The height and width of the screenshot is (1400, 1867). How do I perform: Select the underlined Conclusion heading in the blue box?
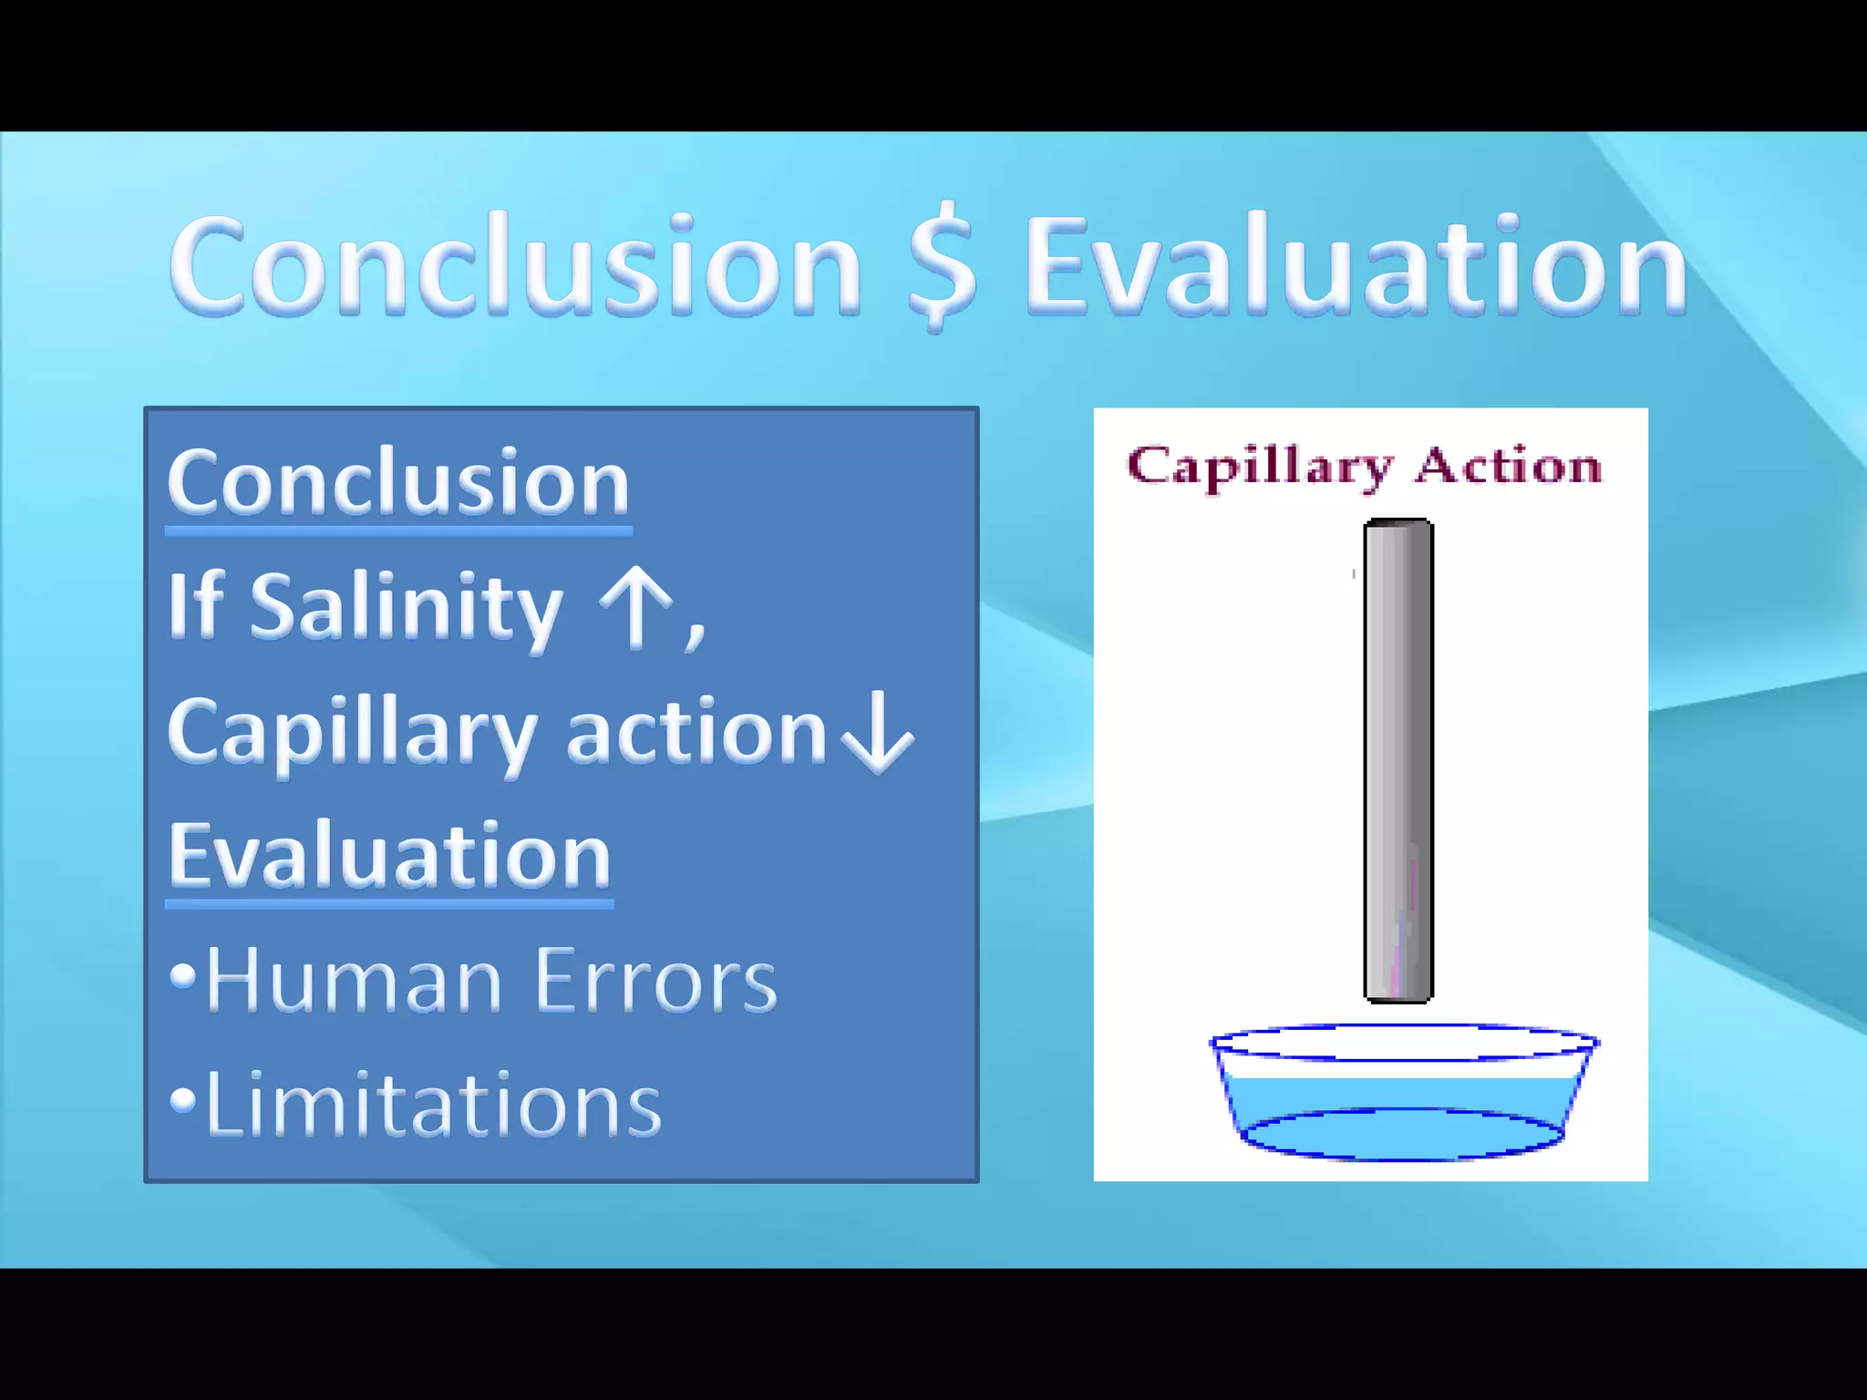(x=398, y=482)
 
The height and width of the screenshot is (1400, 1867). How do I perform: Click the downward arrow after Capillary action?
(x=877, y=732)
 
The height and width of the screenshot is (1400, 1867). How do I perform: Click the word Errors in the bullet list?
(x=655, y=981)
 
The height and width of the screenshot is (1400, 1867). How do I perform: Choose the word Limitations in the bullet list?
(x=433, y=1105)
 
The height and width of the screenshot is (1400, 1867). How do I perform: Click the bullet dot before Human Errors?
(x=183, y=976)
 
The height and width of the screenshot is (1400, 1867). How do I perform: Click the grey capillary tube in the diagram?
(x=1398, y=761)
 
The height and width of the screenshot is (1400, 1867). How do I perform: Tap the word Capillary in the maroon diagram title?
(x=1260, y=467)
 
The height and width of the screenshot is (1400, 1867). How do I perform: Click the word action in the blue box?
(x=696, y=732)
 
